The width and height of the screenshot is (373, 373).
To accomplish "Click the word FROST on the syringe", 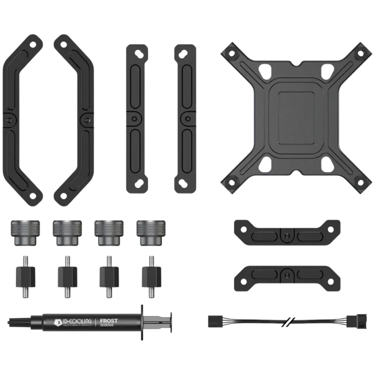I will pos(109,321).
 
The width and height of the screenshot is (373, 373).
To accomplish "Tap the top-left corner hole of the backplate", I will pos(231,52).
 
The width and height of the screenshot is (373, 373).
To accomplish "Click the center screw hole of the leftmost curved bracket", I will pos(9,119).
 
